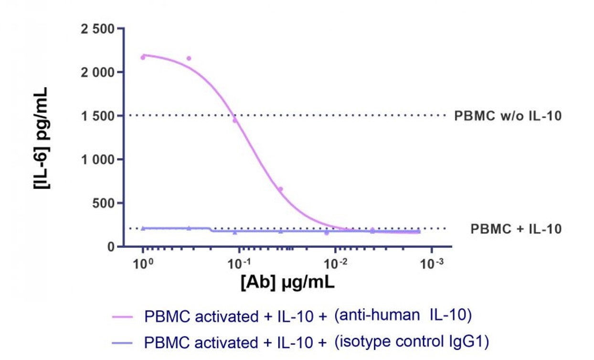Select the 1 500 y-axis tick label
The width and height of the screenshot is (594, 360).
(97, 116)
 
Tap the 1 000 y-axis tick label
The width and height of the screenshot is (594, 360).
(97, 159)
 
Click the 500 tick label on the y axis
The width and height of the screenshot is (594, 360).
(104, 203)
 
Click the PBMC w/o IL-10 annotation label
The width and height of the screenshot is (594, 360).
(508, 116)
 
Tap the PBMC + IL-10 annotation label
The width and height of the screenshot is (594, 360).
(516, 229)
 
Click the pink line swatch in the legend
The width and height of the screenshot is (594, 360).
(126, 317)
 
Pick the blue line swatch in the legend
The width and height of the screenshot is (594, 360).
(126, 342)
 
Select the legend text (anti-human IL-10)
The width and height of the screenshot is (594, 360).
(403, 316)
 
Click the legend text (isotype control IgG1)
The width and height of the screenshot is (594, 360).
(412, 342)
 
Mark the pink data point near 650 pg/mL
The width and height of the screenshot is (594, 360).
(281, 189)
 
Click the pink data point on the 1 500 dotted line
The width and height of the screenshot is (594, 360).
(234, 120)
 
